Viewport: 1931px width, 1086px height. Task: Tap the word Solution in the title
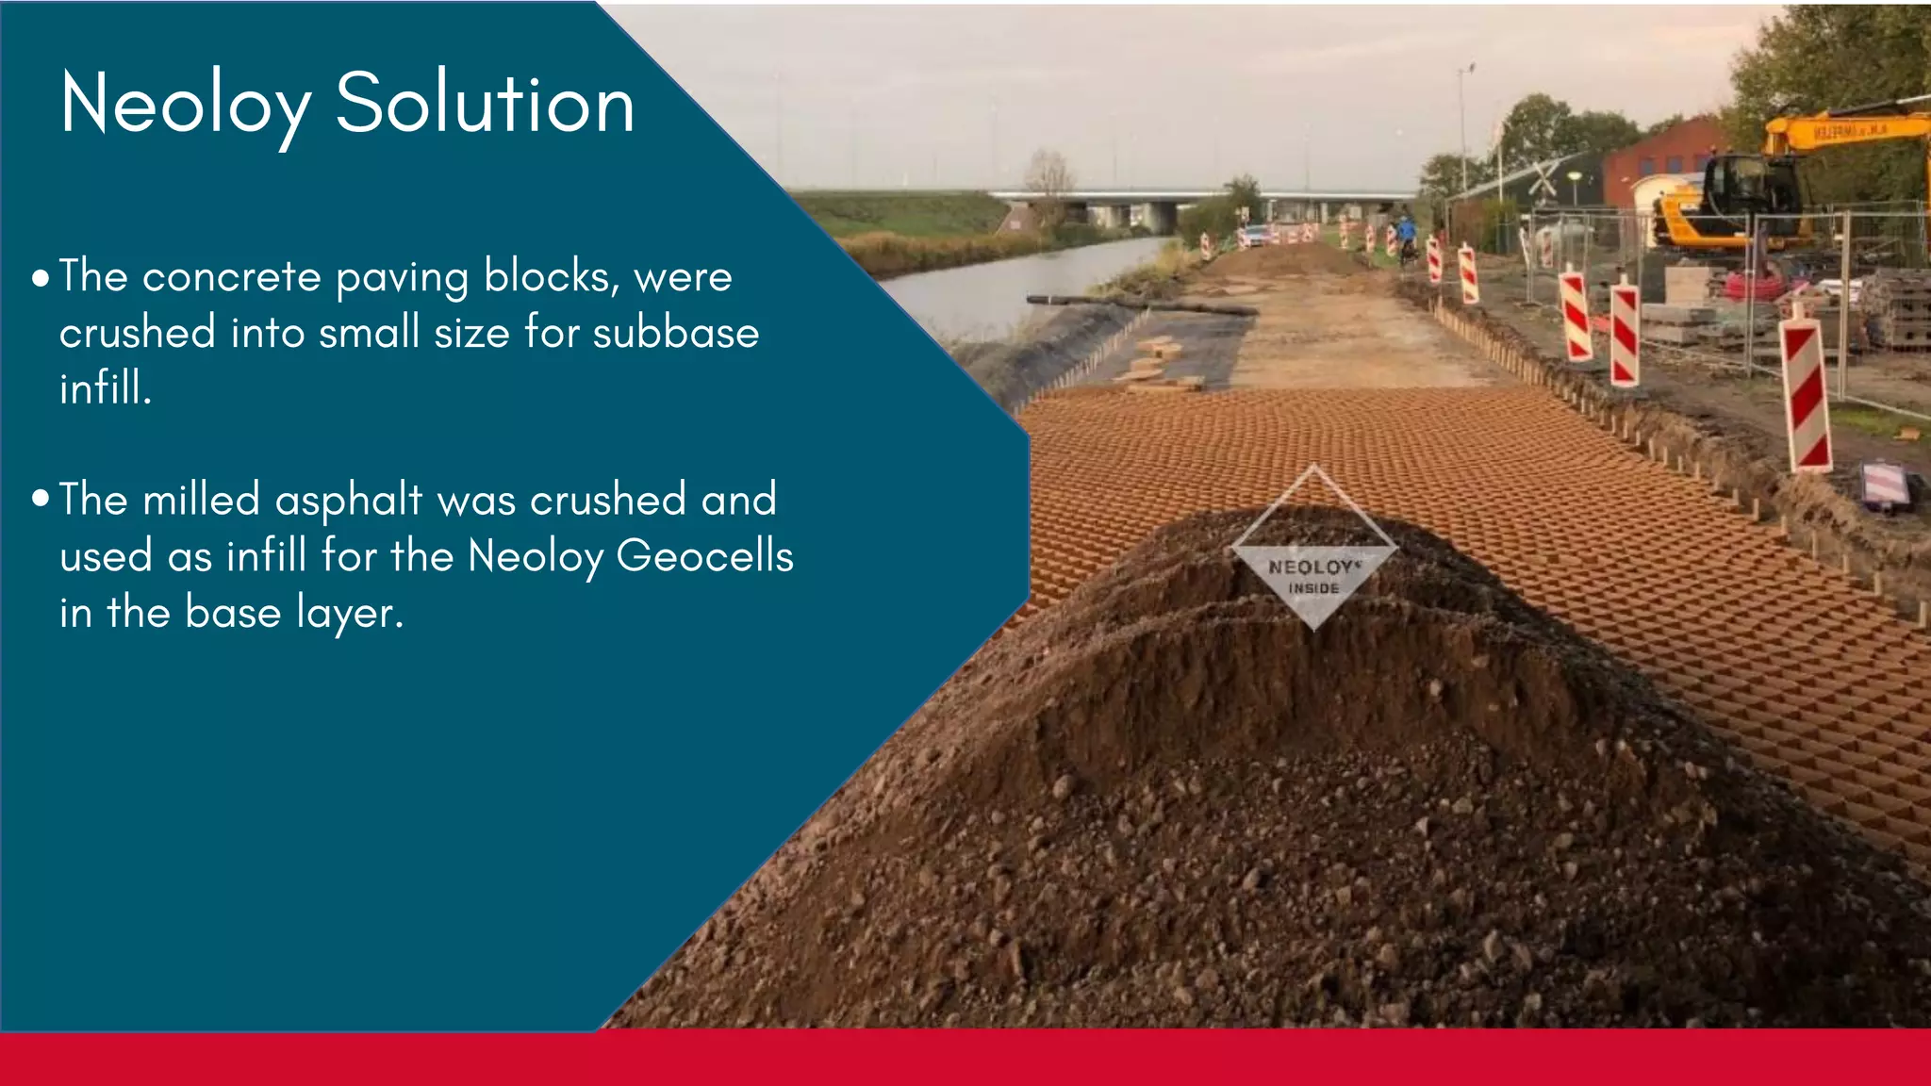point(485,104)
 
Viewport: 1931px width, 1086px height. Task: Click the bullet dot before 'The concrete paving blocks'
point(41,279)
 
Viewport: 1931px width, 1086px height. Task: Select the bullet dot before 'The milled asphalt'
point(41,499)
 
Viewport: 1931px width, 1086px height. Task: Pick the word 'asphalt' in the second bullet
point(348,500)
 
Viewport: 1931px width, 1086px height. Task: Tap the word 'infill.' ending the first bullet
point(106,388)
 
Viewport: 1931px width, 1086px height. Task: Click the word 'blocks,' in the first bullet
point(552,277)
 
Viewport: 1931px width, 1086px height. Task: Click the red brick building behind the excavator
point(1664,156)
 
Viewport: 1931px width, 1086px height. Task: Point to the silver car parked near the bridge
point(1255,234)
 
